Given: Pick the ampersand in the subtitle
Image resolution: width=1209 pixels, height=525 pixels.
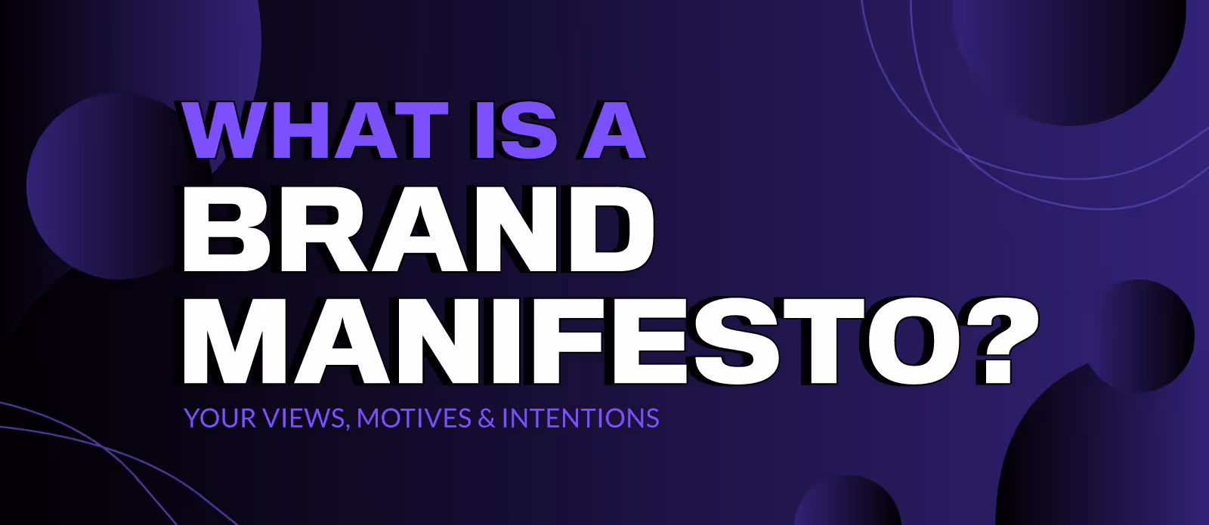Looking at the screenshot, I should [x=487, y=418].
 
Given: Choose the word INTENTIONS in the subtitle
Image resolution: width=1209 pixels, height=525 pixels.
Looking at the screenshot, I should [x=580, y=418].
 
